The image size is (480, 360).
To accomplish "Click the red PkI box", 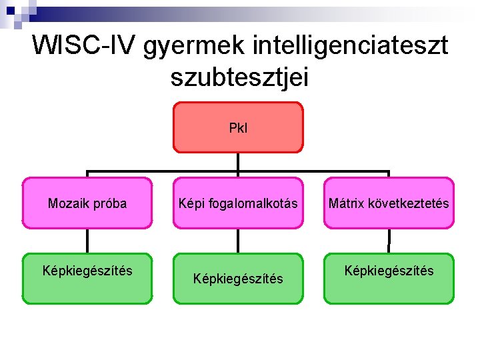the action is tap(238, 127).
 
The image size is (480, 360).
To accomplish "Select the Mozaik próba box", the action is tap(87, 203).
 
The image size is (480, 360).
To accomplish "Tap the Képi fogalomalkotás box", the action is tap(238, 203).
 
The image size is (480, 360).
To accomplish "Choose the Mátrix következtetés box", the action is tap(389, 203).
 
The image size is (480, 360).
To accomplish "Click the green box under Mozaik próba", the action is tap(87, 278).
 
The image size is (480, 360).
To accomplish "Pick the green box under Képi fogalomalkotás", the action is tap(238, 278).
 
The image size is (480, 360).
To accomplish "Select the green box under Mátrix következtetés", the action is tap(389, 278).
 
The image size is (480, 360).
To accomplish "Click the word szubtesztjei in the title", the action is tap(239, 77).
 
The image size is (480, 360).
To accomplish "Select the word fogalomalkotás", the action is tap(260, 203).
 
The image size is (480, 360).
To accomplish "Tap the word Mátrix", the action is tap(345, 203).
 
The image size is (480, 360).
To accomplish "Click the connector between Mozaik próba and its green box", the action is tap(87, 241).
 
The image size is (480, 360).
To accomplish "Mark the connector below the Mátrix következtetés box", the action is tap(389, 241).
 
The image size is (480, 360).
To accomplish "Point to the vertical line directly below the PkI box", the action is tap(238, 161).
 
